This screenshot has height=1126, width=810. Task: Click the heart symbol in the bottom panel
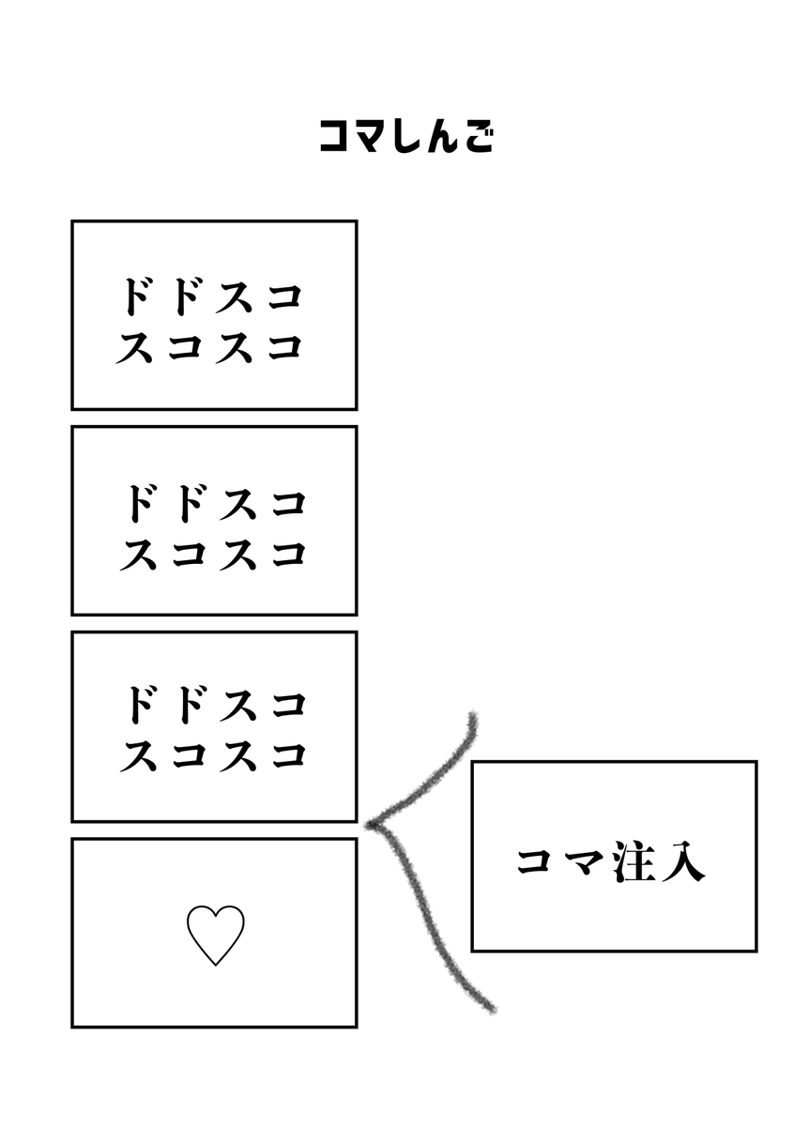pyautogui.click(x=215, y=935)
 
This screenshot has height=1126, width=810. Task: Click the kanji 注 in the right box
pyautogui.click(x=634, y=862)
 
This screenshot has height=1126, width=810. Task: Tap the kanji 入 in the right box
pyautogui.click(x=682, y=862)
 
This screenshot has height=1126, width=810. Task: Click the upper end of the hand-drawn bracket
pyautogui.click(x=472, y=719)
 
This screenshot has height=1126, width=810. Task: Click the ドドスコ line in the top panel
pyautogui.click(x=213, y=297)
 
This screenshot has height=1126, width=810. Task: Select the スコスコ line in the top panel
pyautogui.click(x=213, y=347)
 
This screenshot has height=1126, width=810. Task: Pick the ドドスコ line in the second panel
pyautogui.click(x=214, y=503)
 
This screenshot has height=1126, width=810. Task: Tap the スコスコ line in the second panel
pyautogui.click(x=214, y=554)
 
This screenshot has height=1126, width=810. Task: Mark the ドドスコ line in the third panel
pyautogui.click(x=214, y=704)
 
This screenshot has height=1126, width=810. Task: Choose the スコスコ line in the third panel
pyautogui.click(x=214, y=754)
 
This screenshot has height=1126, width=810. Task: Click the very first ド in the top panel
pyautogui.click(x=137, y=297)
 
